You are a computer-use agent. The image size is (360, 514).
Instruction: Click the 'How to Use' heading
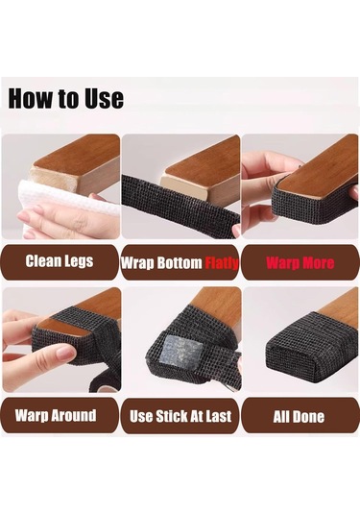pos(66,98)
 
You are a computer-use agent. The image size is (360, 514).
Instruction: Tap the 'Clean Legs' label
pos(60,261)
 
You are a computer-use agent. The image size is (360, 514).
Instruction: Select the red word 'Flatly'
pos(222,263)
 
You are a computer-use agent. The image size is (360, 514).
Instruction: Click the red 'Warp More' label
pos(300,263)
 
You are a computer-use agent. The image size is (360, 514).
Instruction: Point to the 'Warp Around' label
pos(56,415)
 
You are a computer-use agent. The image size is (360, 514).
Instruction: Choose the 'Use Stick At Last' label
pos(180,416)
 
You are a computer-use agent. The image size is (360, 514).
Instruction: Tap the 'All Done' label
pos(299,417)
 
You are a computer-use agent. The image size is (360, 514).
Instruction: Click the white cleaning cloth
pos(65,205)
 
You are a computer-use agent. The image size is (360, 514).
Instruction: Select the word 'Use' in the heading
pos(105,98)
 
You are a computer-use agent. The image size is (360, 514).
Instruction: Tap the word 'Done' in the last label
pos(308,417)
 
